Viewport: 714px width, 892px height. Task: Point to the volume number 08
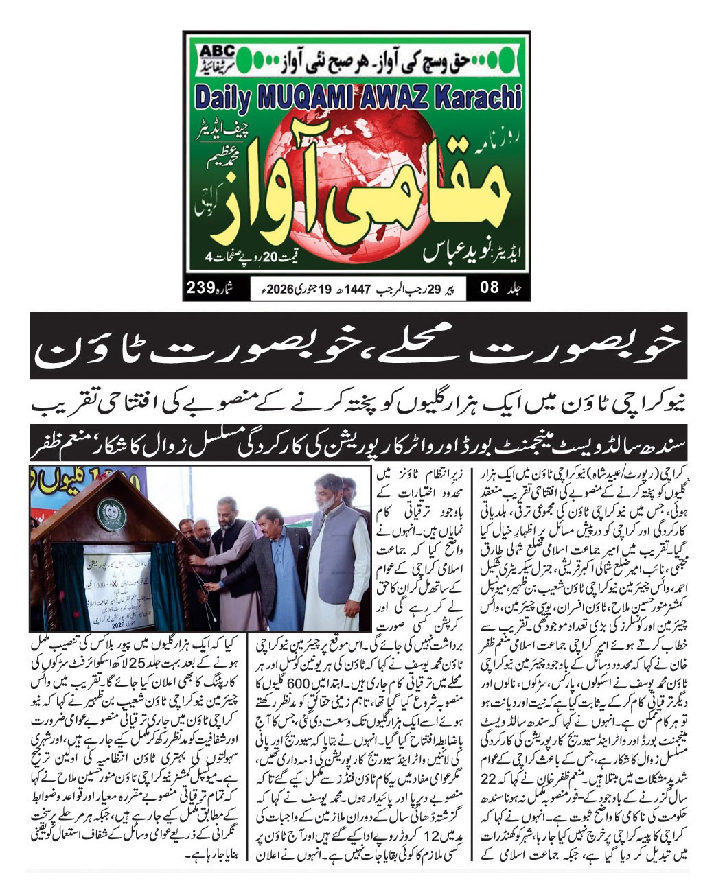(x=488, y=289)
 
